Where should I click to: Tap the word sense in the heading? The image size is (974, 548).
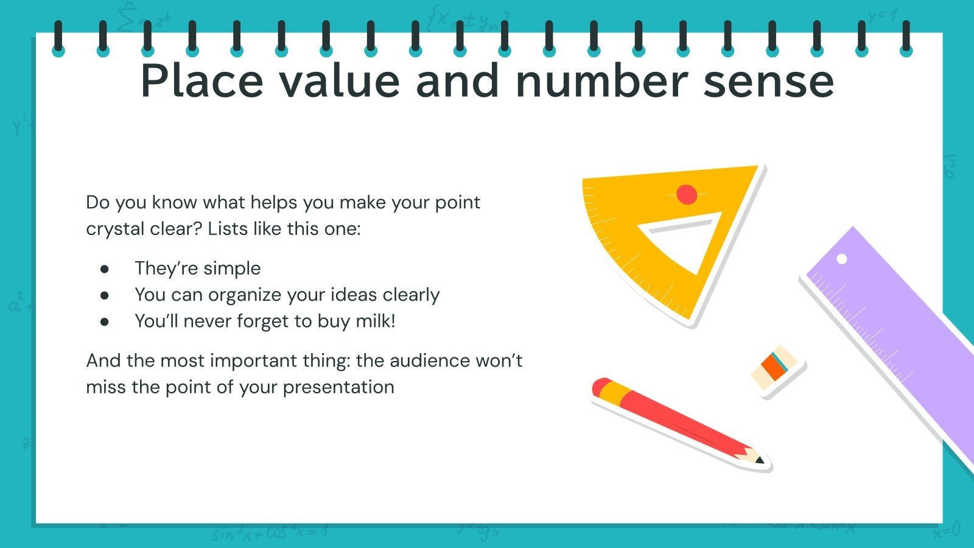[x=768, y=80]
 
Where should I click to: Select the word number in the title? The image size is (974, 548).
[x=601, y=80]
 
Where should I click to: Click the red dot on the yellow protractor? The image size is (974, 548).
[x=687, y=194]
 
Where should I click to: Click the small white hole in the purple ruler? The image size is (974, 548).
[x=842, y=259]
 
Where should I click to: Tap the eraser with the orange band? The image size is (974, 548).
[x=774, y=367]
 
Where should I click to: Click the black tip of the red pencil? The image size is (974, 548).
[x=759, y=460]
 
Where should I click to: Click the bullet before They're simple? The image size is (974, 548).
[x=105, y=269]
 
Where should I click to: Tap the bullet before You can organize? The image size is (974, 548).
[x=105, y=295]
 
